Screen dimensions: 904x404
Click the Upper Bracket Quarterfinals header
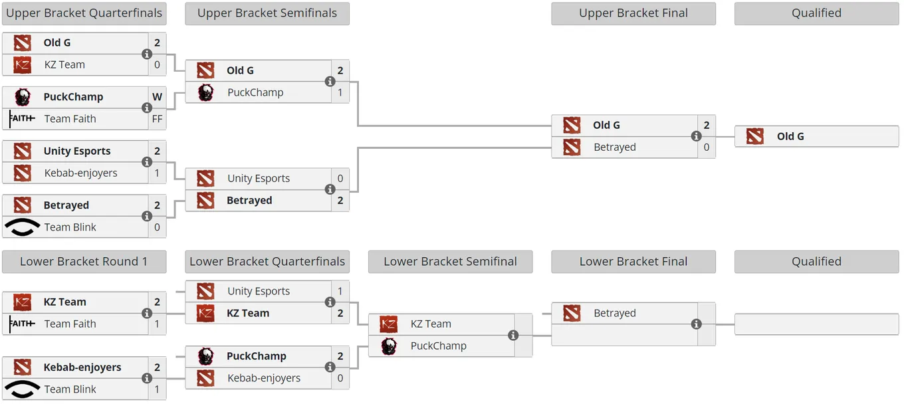point(84,13)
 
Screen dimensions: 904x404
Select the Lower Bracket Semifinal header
point(451,262)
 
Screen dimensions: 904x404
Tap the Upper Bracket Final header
point(633,13)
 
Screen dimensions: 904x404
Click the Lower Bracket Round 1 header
point(84,262)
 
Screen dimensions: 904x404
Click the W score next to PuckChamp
point(157,97)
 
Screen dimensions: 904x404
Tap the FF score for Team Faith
point(157,119)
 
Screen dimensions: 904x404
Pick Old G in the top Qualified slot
point(790,136)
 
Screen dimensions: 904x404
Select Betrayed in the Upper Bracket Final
point(615,148)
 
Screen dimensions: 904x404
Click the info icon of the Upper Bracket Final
point(696,136)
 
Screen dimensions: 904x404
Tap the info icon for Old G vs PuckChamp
point(330,82)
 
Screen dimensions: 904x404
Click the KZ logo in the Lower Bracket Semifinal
point(389,324)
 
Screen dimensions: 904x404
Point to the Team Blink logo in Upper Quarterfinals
point(22,227)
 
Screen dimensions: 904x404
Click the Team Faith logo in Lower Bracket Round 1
point(22,324)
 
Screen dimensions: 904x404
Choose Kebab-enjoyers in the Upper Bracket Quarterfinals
point(80,173)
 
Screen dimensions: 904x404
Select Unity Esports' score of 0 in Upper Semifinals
point(340,178)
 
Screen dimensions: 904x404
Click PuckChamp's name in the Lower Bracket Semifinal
point(438,346)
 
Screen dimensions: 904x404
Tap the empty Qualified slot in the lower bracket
point(816,324)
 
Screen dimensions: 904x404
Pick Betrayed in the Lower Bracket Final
point(615,313)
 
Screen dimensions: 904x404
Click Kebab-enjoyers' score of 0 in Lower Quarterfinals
point(340,378)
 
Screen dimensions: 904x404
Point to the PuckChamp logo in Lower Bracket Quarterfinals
point(205,356)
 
